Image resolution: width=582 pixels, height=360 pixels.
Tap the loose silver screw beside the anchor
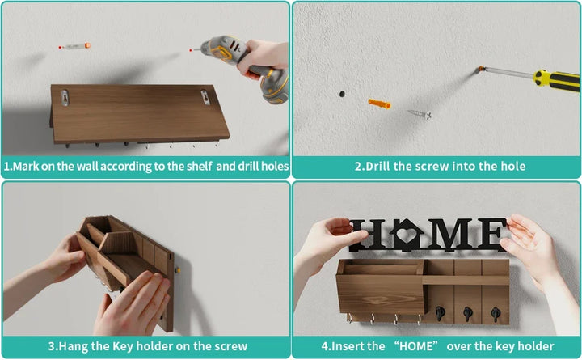tap(418, 115)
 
